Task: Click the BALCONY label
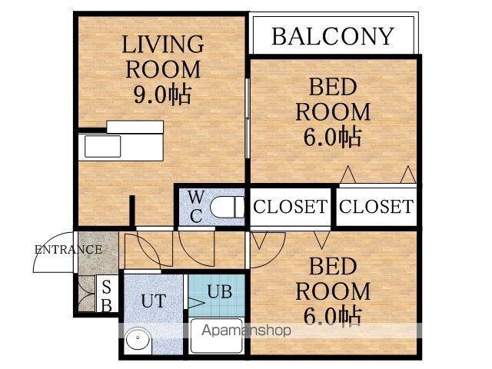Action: click(333, 36)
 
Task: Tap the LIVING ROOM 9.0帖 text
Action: click(163, 69)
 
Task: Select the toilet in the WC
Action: click(228, 207)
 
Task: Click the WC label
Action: click(196, 207)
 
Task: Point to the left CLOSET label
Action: click(290, 207)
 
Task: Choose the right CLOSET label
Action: click(376, 207)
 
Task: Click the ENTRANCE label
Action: click(68, 250)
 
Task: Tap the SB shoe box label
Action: click(107, 295)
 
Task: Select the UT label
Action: click(154, 301)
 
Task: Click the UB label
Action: click(220, 291)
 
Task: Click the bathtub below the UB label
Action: click(217, 336)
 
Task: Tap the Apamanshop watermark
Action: click(246, 331)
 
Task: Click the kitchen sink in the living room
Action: click(102, 146)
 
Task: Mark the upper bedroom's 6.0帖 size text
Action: click(332, 137)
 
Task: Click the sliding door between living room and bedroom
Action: click(248, 118)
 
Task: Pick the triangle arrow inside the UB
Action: click(196, 303)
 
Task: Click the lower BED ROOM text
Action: click(333, 279)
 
